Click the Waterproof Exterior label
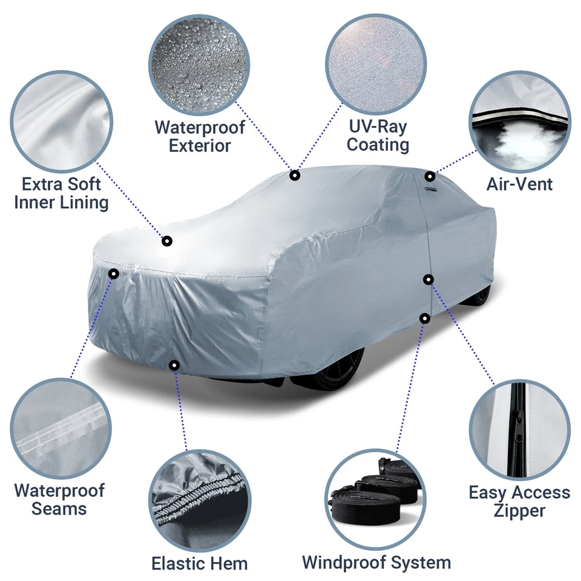[x=200, y=137]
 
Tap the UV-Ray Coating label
[x=378, y=136]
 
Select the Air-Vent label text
[x=519, y=184]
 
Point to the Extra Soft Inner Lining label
[x=61, y=193]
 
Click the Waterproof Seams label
[x=59, y=499]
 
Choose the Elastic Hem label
[x=200, y=563]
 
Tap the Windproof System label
[x=376, y=562]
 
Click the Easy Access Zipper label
[x=519, y=502]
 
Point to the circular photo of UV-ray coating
[x=376, y=63]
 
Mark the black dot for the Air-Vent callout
[x=430, y=177]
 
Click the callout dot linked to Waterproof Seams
[x=113, y=274]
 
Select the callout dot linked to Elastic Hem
[x=174, y=365]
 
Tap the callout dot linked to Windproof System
[x=425, y=317]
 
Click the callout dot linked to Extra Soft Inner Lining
[x=167, y=241]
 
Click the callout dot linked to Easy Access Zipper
[x=428, y=279]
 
